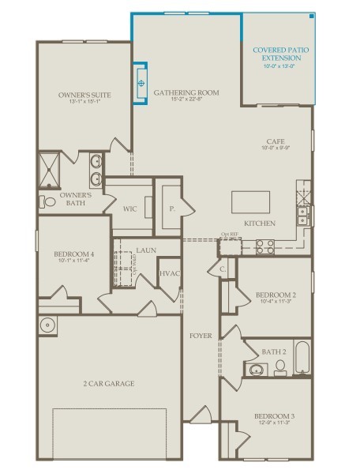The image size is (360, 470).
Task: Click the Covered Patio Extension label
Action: coord(281,53)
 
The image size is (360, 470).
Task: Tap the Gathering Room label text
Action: coord(186,92)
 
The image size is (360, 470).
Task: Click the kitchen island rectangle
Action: coord(253,203)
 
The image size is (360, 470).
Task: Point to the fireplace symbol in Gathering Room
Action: coord(141,82)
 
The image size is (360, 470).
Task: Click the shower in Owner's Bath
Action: coord(54,167)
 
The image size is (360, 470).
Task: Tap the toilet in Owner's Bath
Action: coord(49,202)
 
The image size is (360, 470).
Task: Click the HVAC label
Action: coord(170,273)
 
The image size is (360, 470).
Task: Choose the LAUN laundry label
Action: coord(145,250)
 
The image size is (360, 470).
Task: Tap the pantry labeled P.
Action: coord(171,209)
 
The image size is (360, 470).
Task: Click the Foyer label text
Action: coord(201,336)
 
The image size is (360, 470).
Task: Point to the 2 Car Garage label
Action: coord(109,383)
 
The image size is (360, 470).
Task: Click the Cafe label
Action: coord(275,141)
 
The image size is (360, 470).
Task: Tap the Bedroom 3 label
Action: coord(274,415)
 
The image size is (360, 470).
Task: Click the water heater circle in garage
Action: coord(47,324)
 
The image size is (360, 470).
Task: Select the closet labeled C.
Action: coord(223,269)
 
